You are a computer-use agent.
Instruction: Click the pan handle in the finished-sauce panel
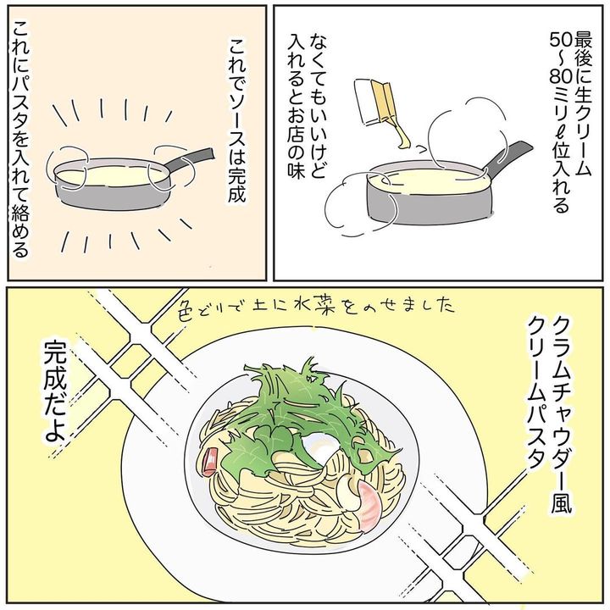pyautogui.click(x=190, y=159)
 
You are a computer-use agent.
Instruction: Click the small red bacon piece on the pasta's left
pyautogui.click(x=209, y=461)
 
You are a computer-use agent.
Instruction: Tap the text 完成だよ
pyautogui.click(x=54, y=391)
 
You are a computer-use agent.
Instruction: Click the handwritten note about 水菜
pyautogui.click(x=317, y=306)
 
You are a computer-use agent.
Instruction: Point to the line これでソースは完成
pyautogui.click(x=237, y=119)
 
